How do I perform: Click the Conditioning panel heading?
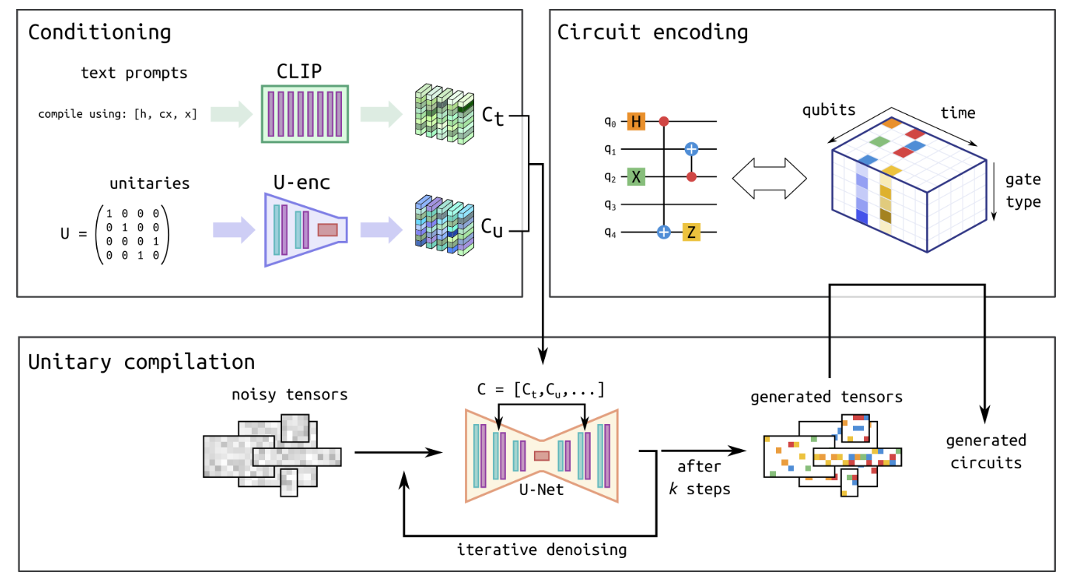coord(99,33)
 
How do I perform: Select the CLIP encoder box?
coord(305,113)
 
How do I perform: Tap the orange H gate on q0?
coord(637,121)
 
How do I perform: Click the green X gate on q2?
coord(637,176)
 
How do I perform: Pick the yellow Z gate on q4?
coord(691,233)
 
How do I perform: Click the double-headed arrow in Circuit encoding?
coord(769,177)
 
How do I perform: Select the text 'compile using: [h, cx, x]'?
coord(118,114)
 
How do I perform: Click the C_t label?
coord(491,116)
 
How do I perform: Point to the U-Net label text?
coord(541,489)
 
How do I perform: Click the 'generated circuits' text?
coord(985,452)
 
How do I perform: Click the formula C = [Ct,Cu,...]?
coord(541,388)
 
